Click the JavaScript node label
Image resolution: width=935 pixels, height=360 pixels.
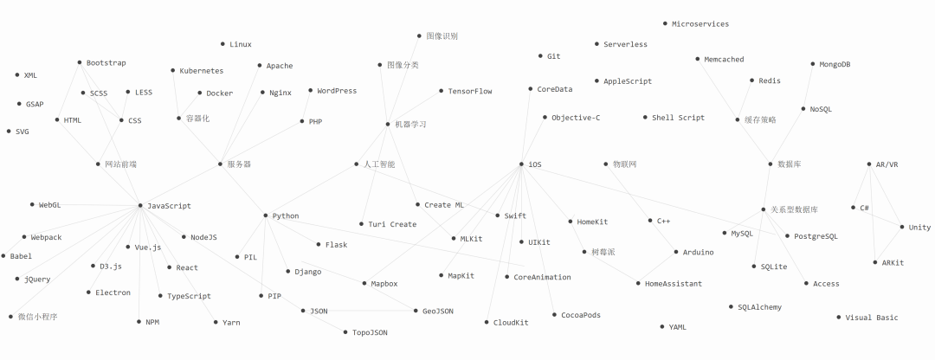pyautogui.click(x=169, y=206)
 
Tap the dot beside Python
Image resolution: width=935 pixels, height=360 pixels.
pyautogui.click(x=265, y=215)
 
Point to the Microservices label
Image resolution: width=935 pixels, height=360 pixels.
pyautogui.click(x=700, y=24)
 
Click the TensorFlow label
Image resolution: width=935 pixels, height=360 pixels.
pyautogui.click(x=470, y=91)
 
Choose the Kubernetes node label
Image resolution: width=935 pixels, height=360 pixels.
pyautogui.click(x=201, y=71)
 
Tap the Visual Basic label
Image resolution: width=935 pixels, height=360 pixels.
pyautogui.click(x=872, y=318)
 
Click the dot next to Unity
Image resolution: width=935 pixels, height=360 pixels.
pyautogui.click(x=902, y=228)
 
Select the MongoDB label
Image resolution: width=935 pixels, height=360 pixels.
pyautogui.click(x=835, y=64)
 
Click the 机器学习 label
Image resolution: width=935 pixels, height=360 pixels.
pyautogui.click(x=410, y=125)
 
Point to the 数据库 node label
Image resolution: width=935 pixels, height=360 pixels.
pyautogui.click(x=790, y=164)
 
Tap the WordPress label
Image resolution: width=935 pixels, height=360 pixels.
pyautogui.click(x=337, y=91)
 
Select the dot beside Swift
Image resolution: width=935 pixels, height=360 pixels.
pyautogui.click(x=497, y=215)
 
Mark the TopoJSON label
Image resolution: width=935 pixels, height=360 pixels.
pyautogui.click(x=370, y=332)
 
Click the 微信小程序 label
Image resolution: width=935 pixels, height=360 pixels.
pyautogui.click(x=37, y=318)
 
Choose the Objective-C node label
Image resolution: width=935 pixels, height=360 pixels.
pyautogui.click(x=576, y=118)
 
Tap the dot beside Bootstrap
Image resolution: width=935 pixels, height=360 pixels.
pyautogui.click(x=79, y=63)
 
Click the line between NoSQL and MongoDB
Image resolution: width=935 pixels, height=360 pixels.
pyautogui.click(x=808, y=87)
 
